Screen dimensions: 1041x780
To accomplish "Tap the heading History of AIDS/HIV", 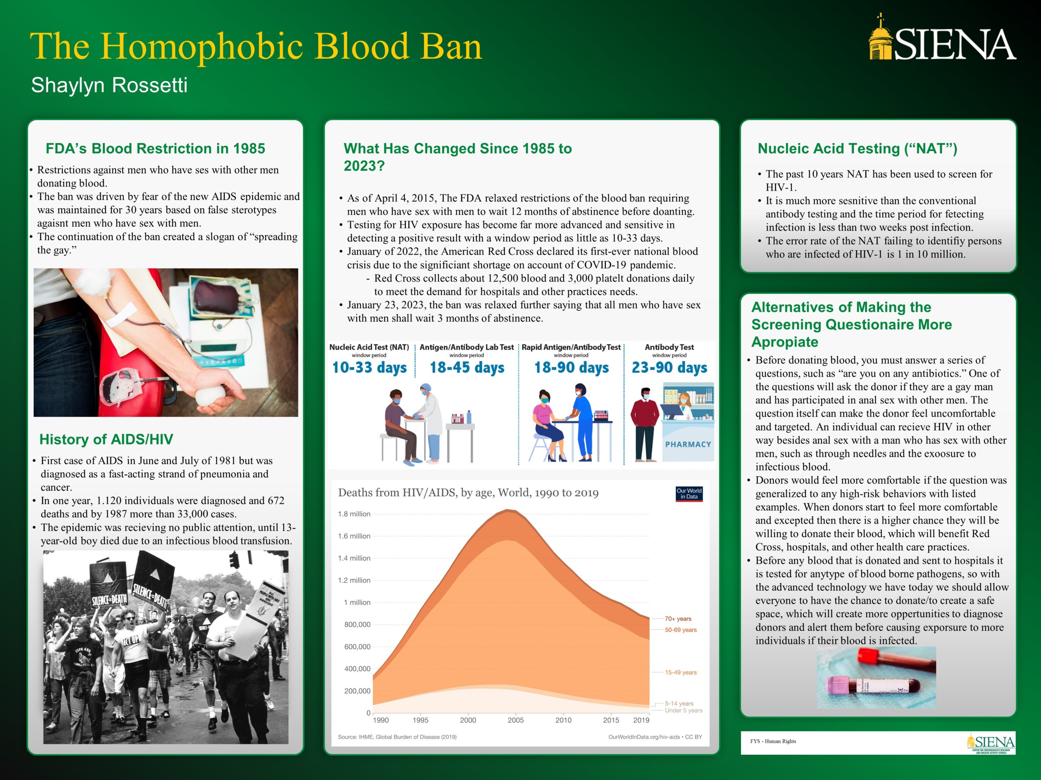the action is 107,439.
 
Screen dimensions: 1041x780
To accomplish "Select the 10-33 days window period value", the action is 369,368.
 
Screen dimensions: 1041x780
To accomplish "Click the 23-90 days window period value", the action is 669,368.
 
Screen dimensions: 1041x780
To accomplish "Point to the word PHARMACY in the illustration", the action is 688,444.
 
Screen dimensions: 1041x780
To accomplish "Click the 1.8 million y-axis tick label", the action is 354,514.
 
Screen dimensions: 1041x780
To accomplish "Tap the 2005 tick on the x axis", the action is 515,720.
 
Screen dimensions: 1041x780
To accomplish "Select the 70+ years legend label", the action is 678,619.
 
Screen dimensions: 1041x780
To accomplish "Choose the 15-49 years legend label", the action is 680,672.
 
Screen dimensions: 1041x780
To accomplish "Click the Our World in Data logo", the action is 689,494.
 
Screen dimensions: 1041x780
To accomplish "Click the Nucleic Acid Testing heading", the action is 857,149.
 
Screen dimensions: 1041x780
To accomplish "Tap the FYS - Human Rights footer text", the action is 773,741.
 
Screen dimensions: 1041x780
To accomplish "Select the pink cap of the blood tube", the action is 838,687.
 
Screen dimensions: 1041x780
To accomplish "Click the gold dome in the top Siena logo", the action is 880,39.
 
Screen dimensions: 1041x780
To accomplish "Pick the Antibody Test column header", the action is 669,347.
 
